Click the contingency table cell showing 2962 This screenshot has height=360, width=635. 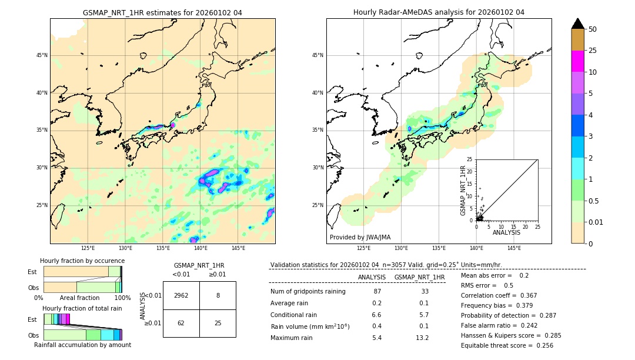tap(181, 295)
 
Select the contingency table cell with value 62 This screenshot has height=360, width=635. tap(181, 323)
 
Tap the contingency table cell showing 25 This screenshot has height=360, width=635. tap(218, 323)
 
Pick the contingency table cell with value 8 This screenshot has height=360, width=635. tap(218, 295)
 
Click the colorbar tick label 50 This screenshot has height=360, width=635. tap(593, 29)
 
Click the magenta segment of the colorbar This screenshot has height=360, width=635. tap(577, 61)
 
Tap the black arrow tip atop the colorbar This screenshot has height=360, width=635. tap(577, 23)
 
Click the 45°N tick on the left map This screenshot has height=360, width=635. tap(42, 55)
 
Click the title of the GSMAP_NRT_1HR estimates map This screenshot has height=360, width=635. tap(162, 12)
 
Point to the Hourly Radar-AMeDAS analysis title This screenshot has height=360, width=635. tap(439, 12)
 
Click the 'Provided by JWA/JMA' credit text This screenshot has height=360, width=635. tap(360, 237)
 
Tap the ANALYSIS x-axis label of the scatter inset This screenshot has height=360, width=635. tap(506, 232)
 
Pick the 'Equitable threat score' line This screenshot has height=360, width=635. tap(507, 345)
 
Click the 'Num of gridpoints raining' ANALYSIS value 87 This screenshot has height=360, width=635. tap(377, 292)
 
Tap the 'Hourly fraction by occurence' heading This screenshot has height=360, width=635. tap(82, 261)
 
